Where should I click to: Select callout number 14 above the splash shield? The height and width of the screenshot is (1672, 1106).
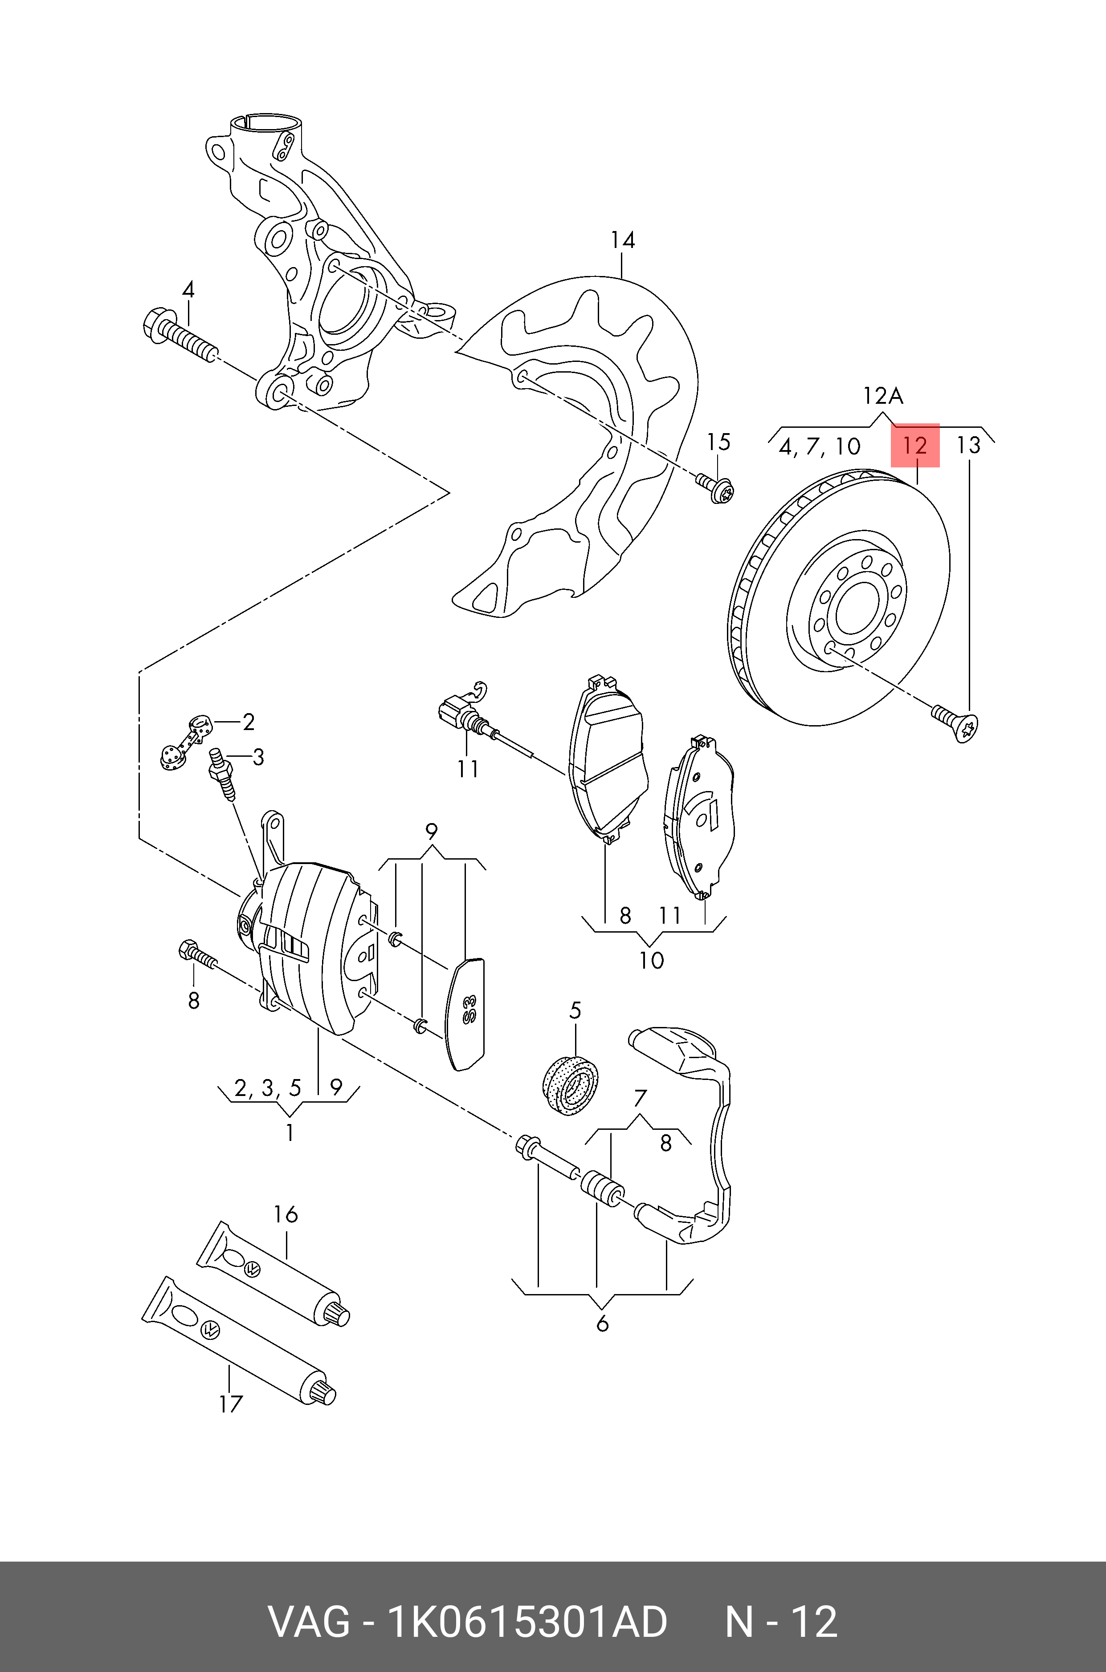pos(622,240)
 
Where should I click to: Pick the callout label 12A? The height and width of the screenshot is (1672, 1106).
pos(882,395)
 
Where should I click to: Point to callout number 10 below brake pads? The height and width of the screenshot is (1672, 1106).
pos(651,960)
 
